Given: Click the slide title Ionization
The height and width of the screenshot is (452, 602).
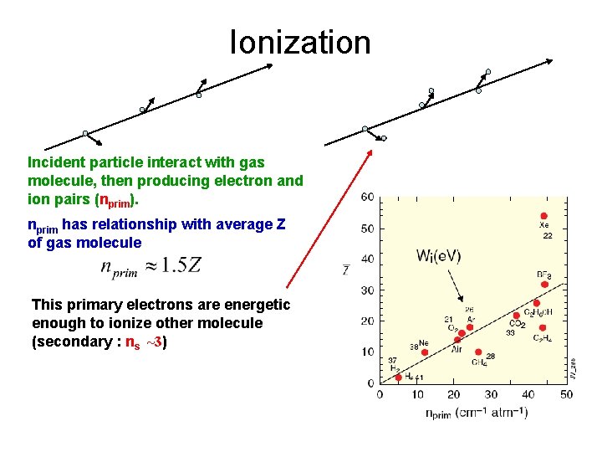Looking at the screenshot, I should pos(300,42).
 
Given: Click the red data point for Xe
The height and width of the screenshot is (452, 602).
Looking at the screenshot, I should pos(544,216).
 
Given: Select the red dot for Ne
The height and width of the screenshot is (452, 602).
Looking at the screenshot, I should pos(425,352).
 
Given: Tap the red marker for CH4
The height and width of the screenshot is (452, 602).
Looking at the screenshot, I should pos(478,352).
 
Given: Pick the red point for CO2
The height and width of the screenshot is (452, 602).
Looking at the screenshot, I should pos(516,316).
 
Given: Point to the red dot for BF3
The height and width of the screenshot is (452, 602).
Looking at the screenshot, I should pos(544,285).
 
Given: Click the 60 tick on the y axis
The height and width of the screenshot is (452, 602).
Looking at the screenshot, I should pos(367,198).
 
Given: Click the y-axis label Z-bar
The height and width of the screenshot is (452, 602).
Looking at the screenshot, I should pos(345,269).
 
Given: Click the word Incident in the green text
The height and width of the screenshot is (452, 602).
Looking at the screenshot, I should pos(54,161).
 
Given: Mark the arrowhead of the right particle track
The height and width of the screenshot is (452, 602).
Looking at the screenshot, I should pos(550,61).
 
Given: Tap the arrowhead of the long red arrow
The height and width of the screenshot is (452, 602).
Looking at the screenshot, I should pos(373,154).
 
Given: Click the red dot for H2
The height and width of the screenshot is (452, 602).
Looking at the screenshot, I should pos(398,378).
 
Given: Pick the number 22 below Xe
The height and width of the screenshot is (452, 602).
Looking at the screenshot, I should pos(548,237).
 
